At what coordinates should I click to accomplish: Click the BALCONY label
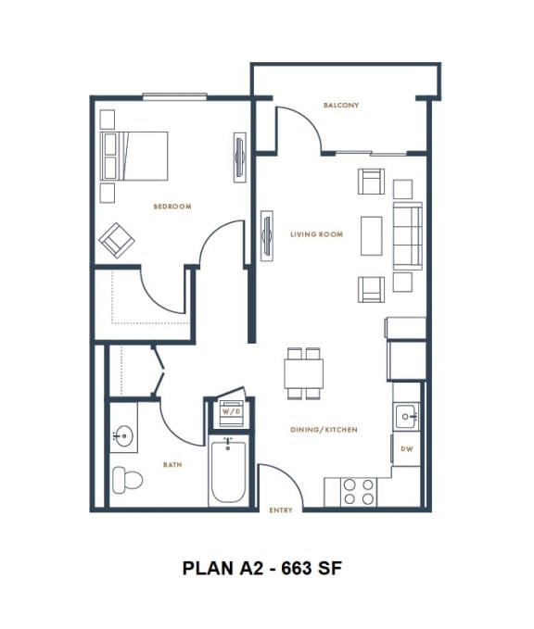(x=341, y=106)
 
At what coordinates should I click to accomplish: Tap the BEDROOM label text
(x=172, y=207)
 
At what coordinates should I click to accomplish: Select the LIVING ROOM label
(x=316, y=234)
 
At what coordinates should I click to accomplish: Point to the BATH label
(x=172, y=465)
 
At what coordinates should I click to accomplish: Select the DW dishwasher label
(x=406, y=449)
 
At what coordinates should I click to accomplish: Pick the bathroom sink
(x=122, y=435)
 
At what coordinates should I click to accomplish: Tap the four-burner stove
(x=359, y=491)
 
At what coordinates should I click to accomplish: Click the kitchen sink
(x=407, y=417)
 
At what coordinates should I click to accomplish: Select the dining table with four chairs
(x=304, y=373)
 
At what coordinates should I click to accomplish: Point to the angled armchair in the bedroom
(x=118, y=239)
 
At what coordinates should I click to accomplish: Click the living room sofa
(x=407, y=235)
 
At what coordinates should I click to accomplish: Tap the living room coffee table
(x=371, y=235)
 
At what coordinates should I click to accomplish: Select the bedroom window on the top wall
(x=174, y=95)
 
